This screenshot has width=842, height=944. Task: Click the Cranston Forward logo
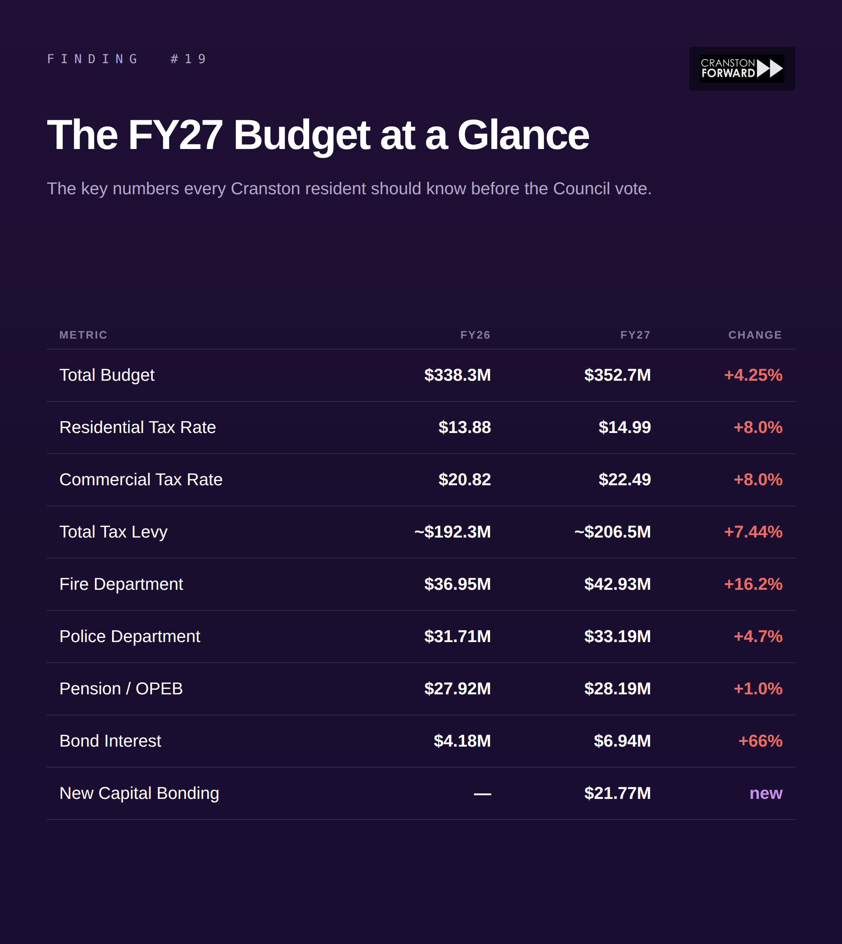coord(741,69)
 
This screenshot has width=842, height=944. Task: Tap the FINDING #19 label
coord(127,59)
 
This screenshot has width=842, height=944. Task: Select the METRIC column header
coord(83,335)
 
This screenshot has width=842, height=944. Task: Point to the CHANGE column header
coord(755,335)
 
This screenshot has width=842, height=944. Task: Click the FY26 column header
coord(475,335)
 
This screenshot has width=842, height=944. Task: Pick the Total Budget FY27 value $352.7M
coord(617,375)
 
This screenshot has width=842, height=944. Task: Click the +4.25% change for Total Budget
coord(753,375)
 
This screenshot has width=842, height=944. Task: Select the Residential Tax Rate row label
coord(137,427)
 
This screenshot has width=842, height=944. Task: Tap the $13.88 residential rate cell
coord(465,427)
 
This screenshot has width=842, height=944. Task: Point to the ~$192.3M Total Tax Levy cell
coord(453,532)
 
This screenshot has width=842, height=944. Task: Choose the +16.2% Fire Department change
coord(753,584)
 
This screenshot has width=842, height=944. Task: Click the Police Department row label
coord(129,637)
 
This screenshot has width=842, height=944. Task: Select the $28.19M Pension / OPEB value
coord(617,689)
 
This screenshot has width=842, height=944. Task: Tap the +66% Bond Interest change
coord(760,741)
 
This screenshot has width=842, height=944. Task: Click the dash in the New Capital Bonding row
coord(482,793)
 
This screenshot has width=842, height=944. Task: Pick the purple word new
coord(766,793)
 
